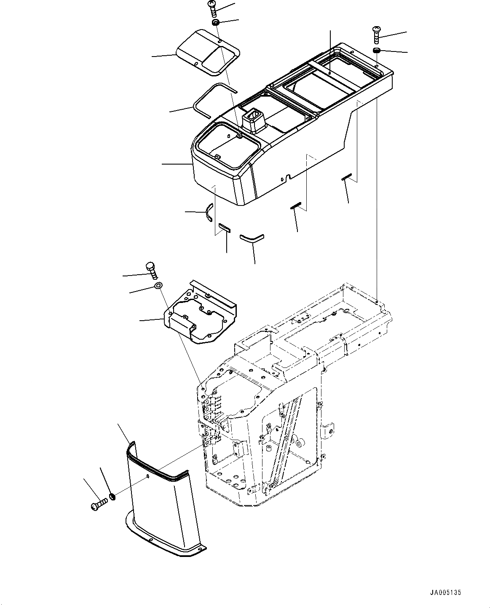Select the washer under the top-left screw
pos(215,22)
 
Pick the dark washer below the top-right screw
pos(376,51)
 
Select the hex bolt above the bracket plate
pos(151,270)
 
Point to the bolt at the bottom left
pos(99,503)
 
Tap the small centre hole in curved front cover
pos(148,477)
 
